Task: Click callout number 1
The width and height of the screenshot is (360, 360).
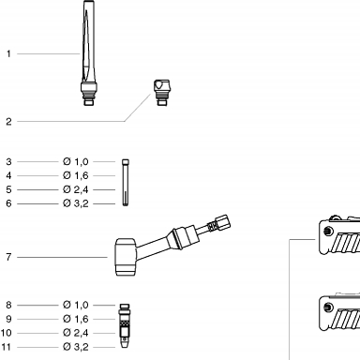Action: (8, 53)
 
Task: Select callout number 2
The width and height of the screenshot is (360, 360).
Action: (8, 122)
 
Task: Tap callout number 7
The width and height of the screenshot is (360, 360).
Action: (8, 257)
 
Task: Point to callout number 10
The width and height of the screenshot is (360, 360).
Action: (7, 333)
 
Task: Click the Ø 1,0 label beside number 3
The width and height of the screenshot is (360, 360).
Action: (76, 161)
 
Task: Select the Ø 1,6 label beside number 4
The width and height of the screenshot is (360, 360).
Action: (76, 175)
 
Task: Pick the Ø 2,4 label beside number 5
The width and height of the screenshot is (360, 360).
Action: (76, 189)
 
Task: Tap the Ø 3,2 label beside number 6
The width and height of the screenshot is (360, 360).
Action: (76, 203)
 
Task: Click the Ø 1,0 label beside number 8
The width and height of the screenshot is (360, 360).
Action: (76, 305)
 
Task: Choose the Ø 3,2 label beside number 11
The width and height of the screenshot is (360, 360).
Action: (76, 347)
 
